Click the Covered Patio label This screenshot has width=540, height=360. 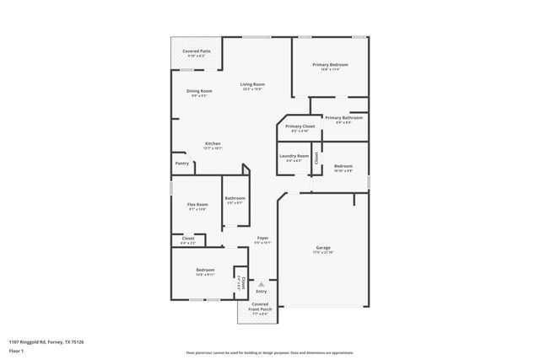point(197,51)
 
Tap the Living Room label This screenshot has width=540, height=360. point(252,84)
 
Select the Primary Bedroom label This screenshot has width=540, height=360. point(330,64)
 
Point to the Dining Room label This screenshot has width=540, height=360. point(199,91)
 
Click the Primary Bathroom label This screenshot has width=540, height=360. point(343,118)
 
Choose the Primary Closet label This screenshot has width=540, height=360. point(300,126)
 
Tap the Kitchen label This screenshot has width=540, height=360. point(213,143)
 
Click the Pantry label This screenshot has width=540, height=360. point(181,164)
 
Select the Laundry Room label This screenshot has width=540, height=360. point(294,156)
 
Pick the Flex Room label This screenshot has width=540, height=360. point(197,204)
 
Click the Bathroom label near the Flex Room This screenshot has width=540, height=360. point(235,198)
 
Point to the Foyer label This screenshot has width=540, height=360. point(262,239)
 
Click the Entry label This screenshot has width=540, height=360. point(261,292)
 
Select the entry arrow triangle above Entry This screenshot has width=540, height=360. point(261,285)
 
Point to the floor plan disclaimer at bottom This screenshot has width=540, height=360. point(269,352)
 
